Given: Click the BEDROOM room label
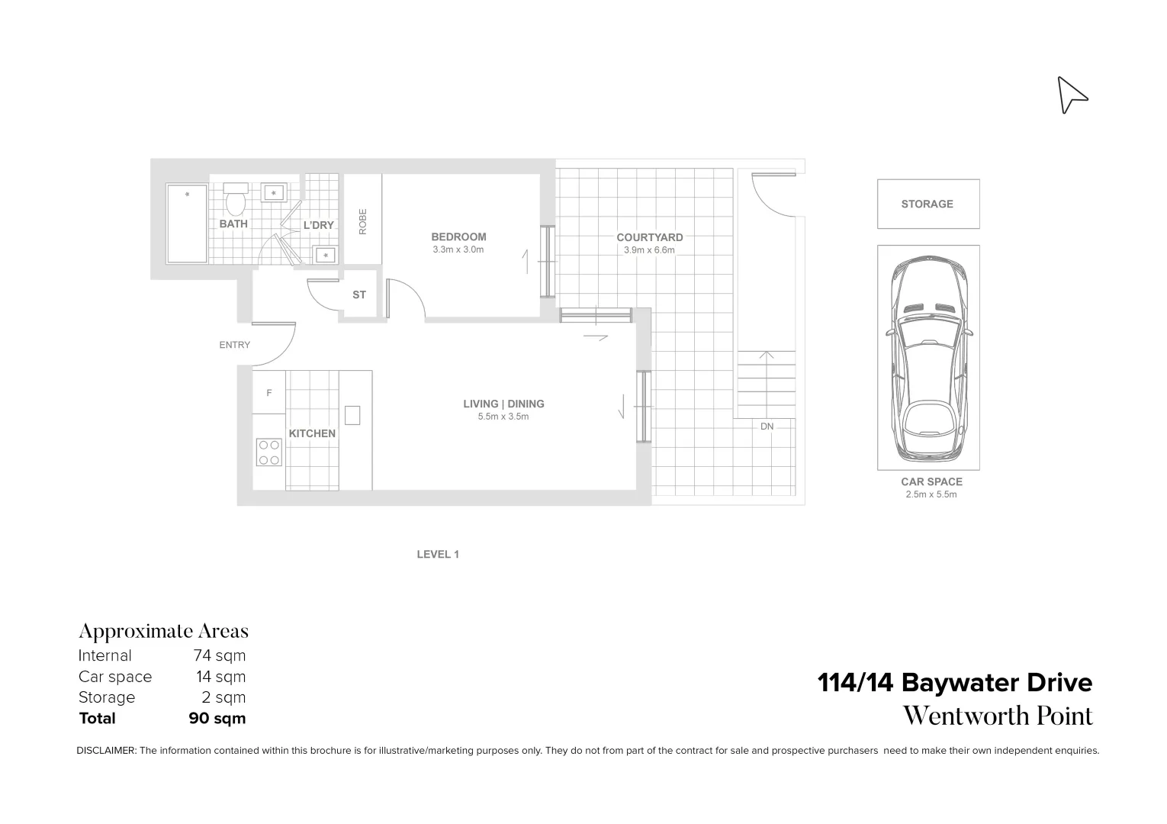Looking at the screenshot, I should tap(458, 237).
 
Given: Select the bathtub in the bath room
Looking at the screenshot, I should tap(187, 224).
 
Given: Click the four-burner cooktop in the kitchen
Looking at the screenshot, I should tap(268, 452).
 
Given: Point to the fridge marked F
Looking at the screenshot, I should tap(269, 393).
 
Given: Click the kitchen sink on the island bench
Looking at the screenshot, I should tap(352, 415).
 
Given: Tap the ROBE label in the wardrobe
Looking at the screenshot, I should tap(363, 221).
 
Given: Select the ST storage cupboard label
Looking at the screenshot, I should tap(359, 295).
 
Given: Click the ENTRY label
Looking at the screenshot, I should tap(234, 345).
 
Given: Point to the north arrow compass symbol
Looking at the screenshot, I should tap(1071, 95).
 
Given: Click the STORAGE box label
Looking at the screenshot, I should tap(927, 204).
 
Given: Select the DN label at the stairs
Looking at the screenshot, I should tap(767, 426).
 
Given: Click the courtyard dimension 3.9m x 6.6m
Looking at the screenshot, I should tap(649, 249).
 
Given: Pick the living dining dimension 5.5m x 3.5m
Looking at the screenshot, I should tap(503, 417).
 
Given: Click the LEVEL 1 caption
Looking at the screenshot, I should tap(437, 555).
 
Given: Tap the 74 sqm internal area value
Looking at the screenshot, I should tap(220, 655).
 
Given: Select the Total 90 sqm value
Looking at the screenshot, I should tap(217, 718).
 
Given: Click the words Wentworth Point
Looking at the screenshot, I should tap(997, 716).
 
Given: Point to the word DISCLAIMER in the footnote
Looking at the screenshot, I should tap(106, 751).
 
